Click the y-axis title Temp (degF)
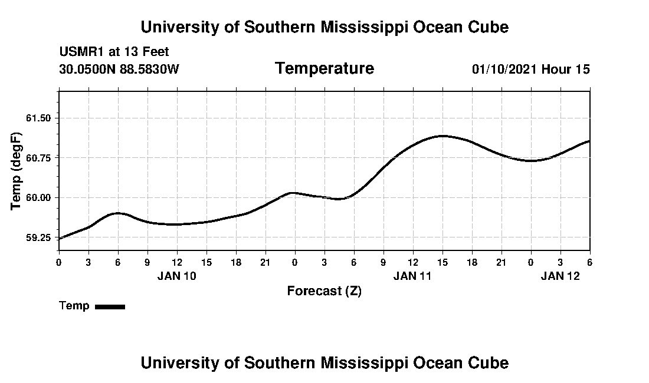click(x=17, y=171)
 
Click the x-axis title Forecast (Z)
click(x=324, y=291)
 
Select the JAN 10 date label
click(x=176, y=276)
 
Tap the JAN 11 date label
click(x=412, y=276)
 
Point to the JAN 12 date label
click(x=560, y=276)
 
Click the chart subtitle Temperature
click(x=324, y=69)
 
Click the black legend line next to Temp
click(x=110, y=306)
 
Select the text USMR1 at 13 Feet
click(x=114, y=52)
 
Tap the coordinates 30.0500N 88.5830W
click(x=119, y=70)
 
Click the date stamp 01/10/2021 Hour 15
click(x=530, y=70)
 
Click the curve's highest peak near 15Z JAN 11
click(x=442, y=136)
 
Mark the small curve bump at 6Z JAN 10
click(x=118, y=213)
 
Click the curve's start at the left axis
click(x=60, y=238)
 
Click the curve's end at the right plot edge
click(x=589, y=141)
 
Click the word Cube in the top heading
click(x=489, y=27)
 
